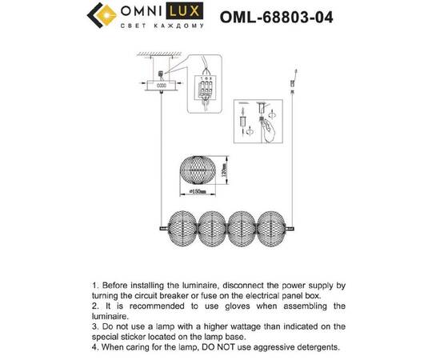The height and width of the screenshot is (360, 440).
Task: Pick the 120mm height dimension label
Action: pyautogui.click(x=226, y=169)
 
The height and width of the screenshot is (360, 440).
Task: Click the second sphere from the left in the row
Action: pyautogui.click(x=213, y=227)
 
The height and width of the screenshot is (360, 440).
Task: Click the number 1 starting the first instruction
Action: pyautogui.click(x=95, y=285)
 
